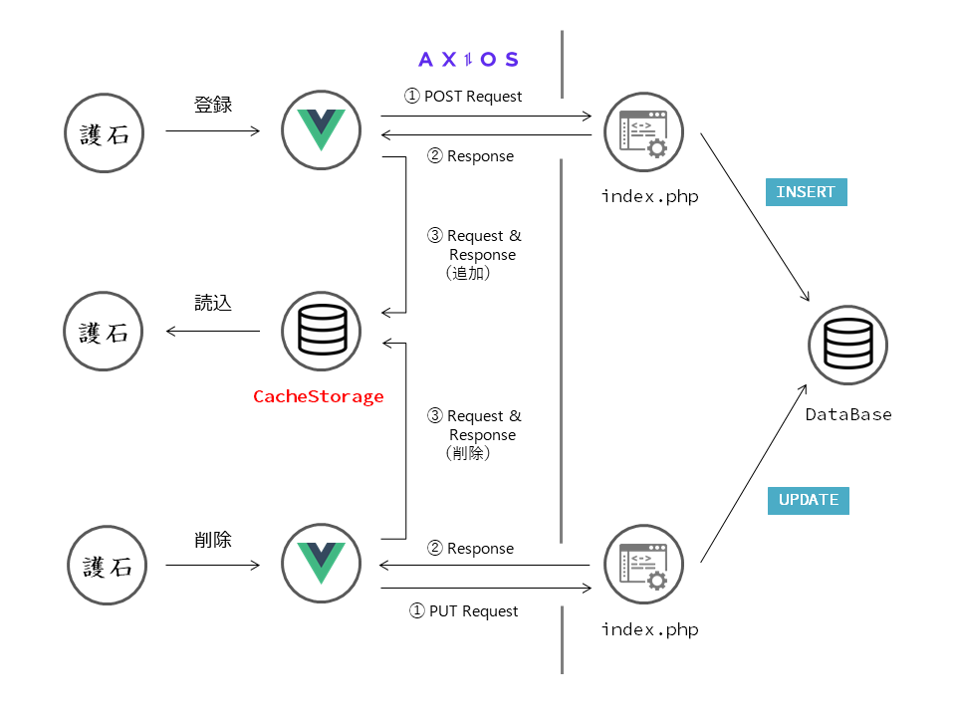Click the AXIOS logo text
(x=468, y=60)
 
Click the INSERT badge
(x=806, y=192)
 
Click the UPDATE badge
(x=808, y=500)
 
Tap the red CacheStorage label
(x=318, y=396)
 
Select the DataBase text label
(x=848, y=414)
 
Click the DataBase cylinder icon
(x=847, y=347)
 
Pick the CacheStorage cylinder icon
(x=315, y=330)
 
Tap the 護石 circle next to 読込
(x=105, y=332)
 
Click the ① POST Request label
(x=463, y=97)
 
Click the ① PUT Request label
(x=464, y=610)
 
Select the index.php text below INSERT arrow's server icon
(x=649, y=196)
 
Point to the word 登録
(x=212, y=104)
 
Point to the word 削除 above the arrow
(x=212, y=540)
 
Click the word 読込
(x=212, y=303)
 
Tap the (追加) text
(x=469, y=274)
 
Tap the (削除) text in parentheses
(x=469, y=453)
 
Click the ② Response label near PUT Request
(x=470, y=549)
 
